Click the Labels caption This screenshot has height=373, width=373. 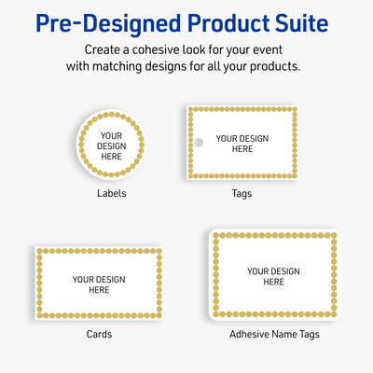point(112,194)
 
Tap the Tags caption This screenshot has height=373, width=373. point(242,194)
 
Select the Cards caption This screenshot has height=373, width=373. point(99,334)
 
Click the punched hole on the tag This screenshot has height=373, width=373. point(198,143)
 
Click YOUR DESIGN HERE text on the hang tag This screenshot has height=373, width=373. point(242,143)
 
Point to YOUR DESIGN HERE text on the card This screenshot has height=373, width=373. point(99,284)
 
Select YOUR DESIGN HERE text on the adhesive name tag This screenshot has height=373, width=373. point(273,276)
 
